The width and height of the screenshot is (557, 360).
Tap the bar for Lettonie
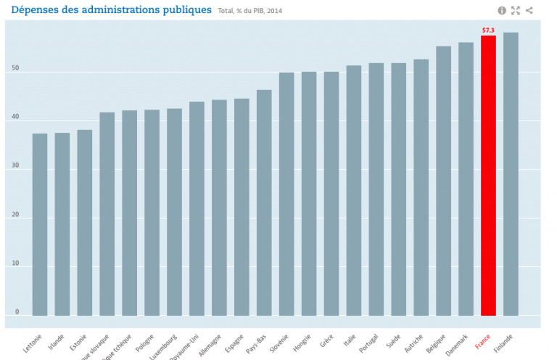40,224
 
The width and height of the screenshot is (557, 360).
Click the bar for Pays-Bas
264,202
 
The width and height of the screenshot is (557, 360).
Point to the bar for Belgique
443,181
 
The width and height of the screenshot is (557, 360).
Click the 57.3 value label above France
488,30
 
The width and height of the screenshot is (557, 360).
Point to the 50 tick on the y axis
15,70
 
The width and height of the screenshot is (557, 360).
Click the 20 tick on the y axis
15,216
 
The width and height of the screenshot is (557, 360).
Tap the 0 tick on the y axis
16,313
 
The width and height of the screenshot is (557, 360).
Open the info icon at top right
501,10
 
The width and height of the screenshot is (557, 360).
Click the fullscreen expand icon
516,10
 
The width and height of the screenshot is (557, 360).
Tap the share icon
529,10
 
